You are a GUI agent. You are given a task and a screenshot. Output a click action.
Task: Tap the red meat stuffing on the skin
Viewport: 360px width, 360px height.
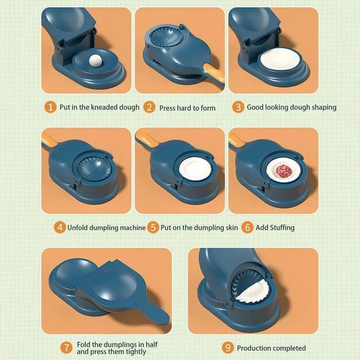[283, 170]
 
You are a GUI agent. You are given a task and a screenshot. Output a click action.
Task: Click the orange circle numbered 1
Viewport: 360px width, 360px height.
[50, 107]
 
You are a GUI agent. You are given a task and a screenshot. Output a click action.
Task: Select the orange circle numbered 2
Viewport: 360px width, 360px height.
[149, 107]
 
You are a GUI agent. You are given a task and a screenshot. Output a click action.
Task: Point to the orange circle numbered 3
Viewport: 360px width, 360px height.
[238, 107]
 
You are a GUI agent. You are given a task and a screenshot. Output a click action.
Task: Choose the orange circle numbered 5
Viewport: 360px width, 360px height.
[153, 227]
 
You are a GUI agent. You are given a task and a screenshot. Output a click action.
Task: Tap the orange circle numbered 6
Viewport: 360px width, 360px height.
[247, 227]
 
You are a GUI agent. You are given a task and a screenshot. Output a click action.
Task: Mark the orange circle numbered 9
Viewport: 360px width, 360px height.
[228, 348]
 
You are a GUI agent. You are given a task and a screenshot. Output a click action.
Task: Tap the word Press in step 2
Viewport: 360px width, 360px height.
[168, 108]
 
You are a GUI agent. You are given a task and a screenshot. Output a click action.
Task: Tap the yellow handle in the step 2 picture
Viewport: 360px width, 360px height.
[213, 71]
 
